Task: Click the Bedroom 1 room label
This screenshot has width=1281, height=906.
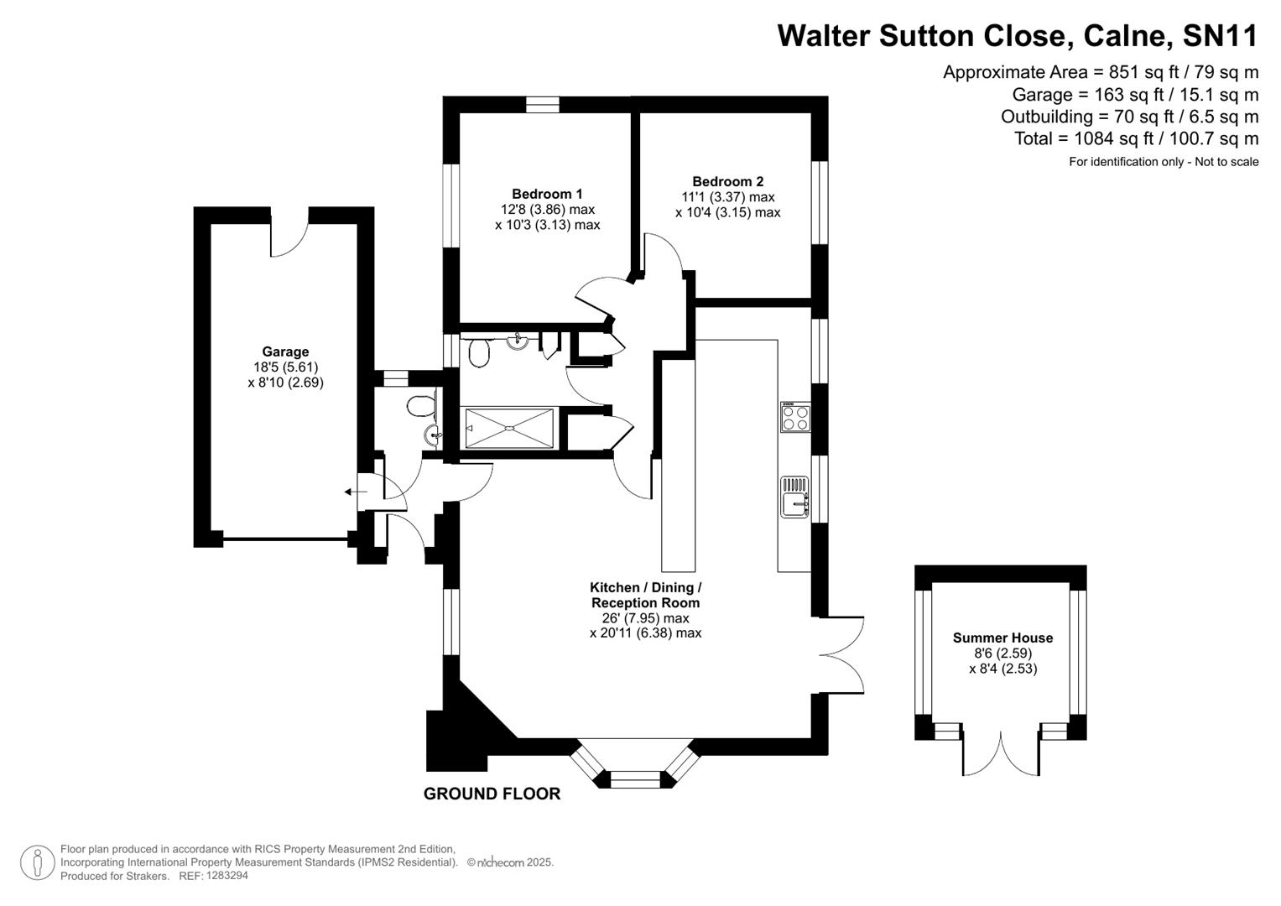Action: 547,194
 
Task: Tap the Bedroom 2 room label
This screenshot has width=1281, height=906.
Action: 727,181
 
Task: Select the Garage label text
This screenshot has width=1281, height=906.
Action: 285,352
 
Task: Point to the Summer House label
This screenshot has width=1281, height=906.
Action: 1002,638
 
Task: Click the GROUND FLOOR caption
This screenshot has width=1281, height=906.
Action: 492,794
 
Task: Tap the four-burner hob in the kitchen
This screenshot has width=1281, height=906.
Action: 794,417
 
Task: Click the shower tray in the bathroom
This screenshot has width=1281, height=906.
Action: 508,428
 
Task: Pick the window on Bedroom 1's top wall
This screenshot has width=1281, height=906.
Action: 543,105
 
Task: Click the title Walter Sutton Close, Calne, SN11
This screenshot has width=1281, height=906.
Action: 1018,36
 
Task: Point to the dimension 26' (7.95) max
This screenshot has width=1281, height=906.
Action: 645,618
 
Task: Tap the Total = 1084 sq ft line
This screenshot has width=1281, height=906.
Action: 1136,138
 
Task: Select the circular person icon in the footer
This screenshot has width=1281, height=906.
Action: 37,862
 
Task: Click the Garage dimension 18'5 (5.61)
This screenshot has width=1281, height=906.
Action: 285,367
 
